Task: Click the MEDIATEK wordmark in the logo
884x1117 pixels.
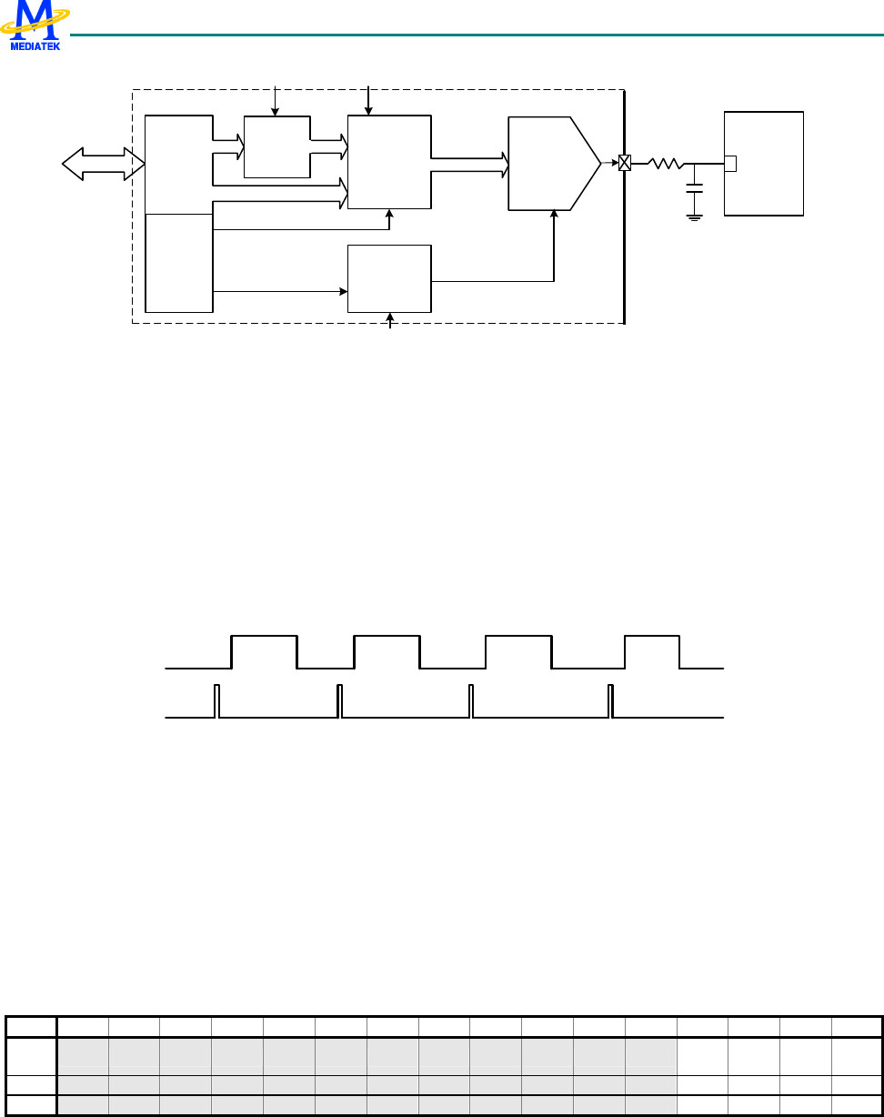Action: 35,45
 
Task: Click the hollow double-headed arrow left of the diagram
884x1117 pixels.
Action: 103,164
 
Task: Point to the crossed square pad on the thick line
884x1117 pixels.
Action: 625,164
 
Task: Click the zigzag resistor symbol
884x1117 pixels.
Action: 665,164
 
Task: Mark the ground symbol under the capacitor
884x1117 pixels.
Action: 695,216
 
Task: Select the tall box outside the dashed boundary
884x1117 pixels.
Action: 763,164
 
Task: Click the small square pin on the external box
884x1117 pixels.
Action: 729,164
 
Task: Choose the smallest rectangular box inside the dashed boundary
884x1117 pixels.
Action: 276,146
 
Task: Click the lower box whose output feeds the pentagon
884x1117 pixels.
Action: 389,278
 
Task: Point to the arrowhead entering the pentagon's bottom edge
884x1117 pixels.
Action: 554,216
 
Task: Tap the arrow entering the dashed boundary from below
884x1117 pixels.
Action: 391,319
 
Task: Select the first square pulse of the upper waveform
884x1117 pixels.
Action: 265,651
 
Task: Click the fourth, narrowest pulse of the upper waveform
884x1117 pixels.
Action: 651,651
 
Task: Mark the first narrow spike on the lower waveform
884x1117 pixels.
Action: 216,700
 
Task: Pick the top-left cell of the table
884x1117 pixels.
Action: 31,1027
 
